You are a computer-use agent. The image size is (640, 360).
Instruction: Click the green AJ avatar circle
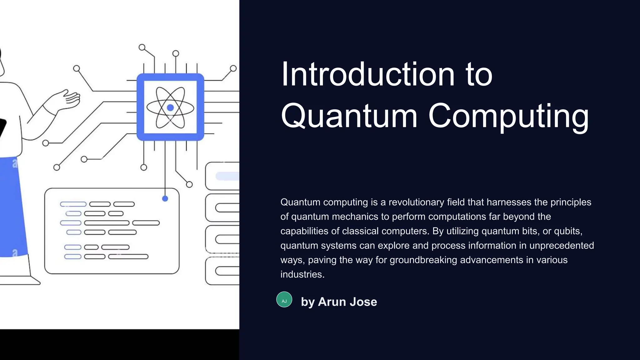click(284, 300)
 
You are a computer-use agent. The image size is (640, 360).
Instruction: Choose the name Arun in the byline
click(332, 302)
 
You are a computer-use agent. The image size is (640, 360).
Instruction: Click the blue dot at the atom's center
click(170, 108)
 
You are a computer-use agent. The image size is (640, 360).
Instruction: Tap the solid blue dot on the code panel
click(165, 198)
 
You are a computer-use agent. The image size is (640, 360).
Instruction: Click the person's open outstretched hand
click(69, 98)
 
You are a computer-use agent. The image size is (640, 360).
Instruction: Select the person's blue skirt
click(12, 206)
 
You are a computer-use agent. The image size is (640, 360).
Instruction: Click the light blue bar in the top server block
click(227, 176)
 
